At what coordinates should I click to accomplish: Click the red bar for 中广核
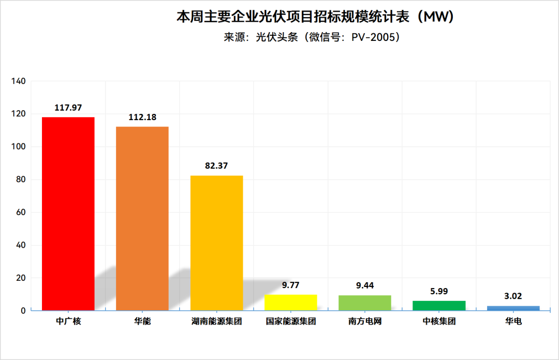[x=68, y=213]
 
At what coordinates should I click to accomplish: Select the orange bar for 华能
[x=142, y=218]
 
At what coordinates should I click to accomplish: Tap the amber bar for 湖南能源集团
[x=216, y=243]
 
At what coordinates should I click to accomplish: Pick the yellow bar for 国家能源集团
[x=290, y=303]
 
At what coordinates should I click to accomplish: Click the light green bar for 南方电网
[x=365, y=303]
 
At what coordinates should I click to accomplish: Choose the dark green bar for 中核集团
[x=439, y=306]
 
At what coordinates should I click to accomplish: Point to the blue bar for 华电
[x=513, y=308]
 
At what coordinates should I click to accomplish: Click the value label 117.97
[x=68, y=108]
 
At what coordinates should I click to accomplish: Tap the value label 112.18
[x=142, y=117]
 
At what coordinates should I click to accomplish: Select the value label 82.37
[x=216, y=166]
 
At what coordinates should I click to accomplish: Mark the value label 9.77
[x=290, y=285]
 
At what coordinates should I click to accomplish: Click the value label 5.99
[x=439, y=291]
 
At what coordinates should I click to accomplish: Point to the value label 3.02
[x=513, y=296]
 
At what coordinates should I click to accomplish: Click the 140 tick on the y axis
[x=18, y=81]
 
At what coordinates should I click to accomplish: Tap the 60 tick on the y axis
[x=20, y=212]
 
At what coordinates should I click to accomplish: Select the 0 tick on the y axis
[x=23, y=311]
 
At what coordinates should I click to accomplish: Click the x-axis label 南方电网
[x=365, y=322]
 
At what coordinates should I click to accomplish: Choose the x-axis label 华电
[x=513, y=322]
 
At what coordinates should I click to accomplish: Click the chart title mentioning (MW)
[x=315, y=18]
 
